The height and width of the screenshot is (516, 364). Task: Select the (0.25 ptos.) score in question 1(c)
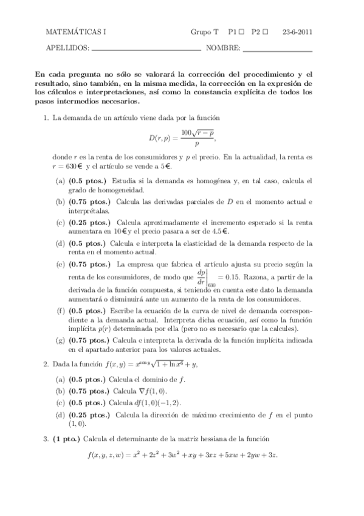coord(88,222)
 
